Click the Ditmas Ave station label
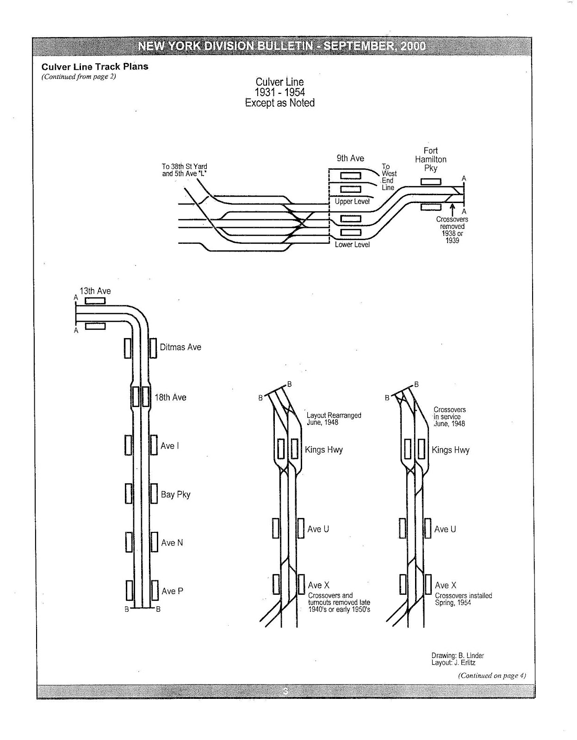pos(180,347)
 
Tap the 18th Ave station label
pos(170,397)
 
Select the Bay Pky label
pos(175,494)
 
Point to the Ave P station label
pos(172,591)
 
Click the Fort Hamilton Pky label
pos(430,159)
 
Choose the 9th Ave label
pos(350,158)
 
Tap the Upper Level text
pos(352,202)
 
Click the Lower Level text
pos(352,244)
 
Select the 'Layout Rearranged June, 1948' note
pos(334,419)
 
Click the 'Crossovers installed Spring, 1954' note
pos(463,599)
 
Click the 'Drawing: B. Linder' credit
pos(458,655)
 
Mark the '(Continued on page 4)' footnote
pos(492,675)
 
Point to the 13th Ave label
pos(95,291)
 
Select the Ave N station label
pos(172,543)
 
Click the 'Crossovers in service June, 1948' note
pos(449,416)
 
